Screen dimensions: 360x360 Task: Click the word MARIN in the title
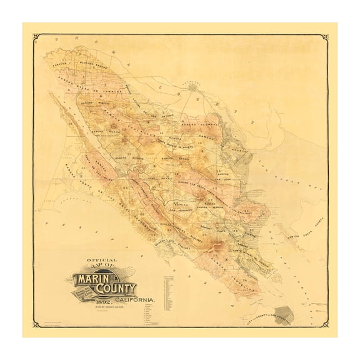tap(93, 277)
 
